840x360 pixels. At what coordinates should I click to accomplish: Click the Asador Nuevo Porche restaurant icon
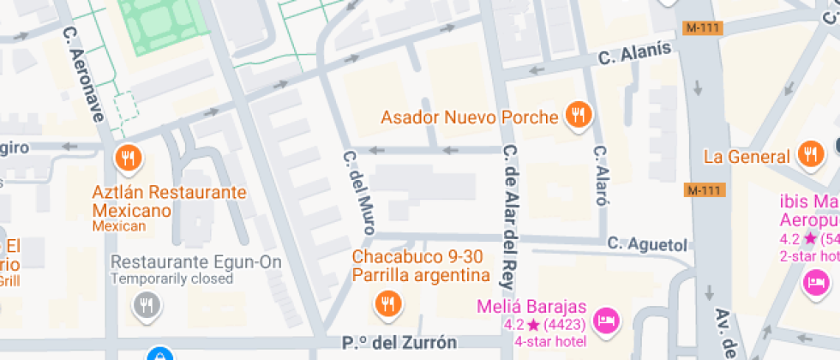[x=579, y=116]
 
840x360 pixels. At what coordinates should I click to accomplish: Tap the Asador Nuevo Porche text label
[x=470, y=117]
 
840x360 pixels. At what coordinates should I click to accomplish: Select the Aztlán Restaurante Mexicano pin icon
[x=128, y=158]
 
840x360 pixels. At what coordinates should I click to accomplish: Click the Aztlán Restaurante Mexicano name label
[x=169, y=201]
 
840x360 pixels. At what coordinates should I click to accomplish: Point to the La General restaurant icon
[x=809, y=155]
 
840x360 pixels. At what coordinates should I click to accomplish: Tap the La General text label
[x=746, y=157]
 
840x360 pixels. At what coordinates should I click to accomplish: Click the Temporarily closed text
[x=171, y=279]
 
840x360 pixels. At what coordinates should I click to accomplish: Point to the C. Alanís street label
[x=634, y=53]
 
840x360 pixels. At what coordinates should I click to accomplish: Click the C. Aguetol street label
[x=647, y=244]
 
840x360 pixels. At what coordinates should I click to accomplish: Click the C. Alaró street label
[x=601, y=176]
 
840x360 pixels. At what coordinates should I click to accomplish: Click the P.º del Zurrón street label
[x=399, y=343]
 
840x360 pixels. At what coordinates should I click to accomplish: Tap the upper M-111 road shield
[x=703, y=27]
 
